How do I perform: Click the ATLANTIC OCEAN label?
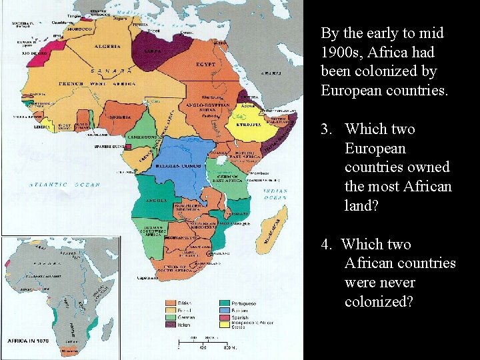pos(64,185)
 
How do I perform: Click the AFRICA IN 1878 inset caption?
pos(26,341)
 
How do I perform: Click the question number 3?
pos(325,129)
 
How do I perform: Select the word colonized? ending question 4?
pos(379,302)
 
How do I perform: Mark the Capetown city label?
pos(147,277)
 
